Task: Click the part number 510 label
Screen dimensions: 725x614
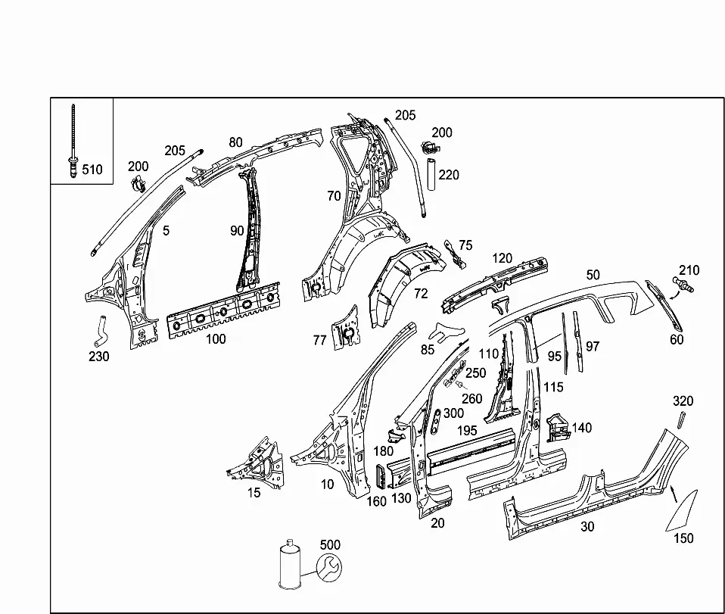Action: (92, 170)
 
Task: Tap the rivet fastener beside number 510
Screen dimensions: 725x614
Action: (73, 141)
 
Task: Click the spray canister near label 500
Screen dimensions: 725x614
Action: (290, 565)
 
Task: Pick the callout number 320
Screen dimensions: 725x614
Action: (683, 401)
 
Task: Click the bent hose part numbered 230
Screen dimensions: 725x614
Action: (100, 331)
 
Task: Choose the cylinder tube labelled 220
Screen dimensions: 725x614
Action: (431, 174)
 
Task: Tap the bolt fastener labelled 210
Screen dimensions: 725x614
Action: (683, 285)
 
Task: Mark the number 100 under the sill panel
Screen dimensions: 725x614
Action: (216, 339)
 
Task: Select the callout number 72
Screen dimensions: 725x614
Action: (421, 293)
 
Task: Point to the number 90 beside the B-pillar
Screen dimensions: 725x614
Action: (237, 230)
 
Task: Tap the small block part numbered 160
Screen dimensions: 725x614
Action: (381, 476)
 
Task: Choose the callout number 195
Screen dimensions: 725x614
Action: (466, 431)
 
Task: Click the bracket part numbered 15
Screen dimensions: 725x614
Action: (256, 463)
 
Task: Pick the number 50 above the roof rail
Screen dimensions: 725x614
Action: (593, 275)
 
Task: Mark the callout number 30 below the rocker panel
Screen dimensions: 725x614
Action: (587, 526)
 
